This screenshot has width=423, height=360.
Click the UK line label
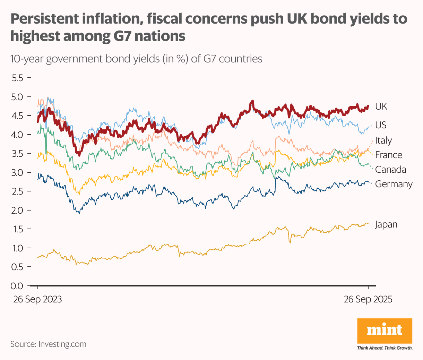(x=381, y=106)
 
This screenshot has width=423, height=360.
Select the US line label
(x=381, y=125)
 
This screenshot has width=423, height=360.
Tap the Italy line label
(x=383, y=140)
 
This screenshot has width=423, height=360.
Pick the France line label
(x=389, y=155)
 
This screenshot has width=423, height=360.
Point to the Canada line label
(x=390, y=170)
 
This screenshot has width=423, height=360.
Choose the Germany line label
(x=394, y=184)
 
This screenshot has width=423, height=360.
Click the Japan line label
(x=386, y=225)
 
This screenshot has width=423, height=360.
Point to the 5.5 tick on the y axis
(x=17, y=78)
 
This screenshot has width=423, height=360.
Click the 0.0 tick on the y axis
(x=17, y=286)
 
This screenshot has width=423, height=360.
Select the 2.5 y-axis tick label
(x=17, y=191)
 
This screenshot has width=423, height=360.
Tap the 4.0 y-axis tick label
(x=17, y=135)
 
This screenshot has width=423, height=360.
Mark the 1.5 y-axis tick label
(x=17, y=229)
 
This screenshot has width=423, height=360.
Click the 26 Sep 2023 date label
(x=37, y=299)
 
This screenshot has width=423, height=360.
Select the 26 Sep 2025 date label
(x=368, y=299)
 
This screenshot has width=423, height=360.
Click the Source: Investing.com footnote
(x=48, y=344)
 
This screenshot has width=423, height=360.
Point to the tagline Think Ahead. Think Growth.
(x=385, y=348)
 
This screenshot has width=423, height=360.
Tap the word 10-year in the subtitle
(x=27, y=59)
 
